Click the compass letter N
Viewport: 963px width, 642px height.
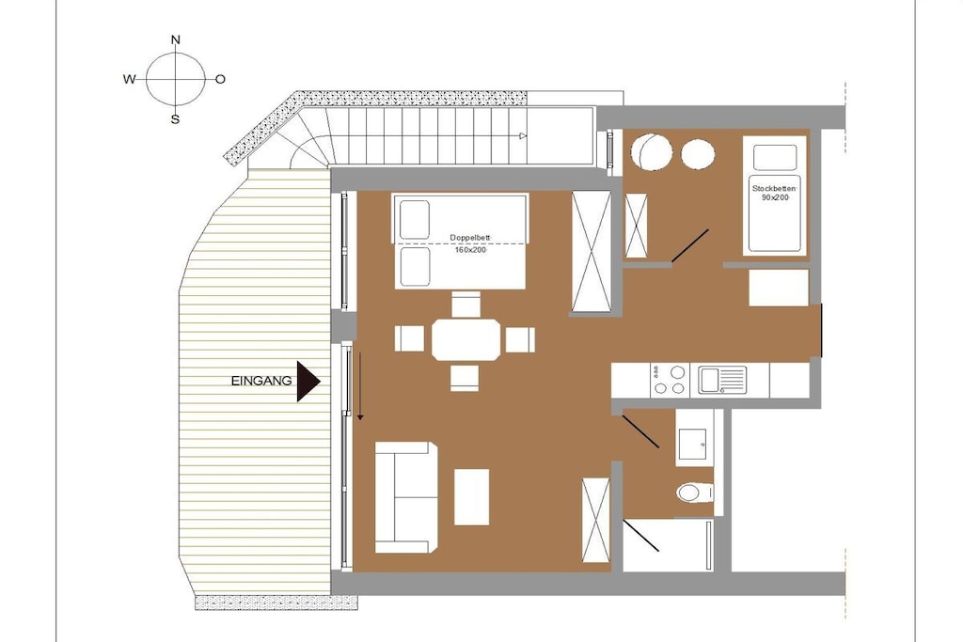(176, 39)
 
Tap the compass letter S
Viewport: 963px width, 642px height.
(175, 119)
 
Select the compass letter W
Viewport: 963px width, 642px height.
(129, 79)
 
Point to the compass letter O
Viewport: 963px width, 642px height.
(220, 79)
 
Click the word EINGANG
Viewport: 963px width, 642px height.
(261, 381)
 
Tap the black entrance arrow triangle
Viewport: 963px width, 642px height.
(308, 381)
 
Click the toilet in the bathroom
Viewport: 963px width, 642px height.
(695, 492)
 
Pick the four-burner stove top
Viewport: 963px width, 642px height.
(670, 380)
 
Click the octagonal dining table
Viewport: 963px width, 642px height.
(466, 339)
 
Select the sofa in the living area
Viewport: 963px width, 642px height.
(406, 497)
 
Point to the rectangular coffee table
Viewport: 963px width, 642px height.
(472, 497)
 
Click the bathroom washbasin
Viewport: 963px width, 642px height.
(695, 441)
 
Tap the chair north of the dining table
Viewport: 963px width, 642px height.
(466, 305)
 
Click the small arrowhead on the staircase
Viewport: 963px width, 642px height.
(523, 135)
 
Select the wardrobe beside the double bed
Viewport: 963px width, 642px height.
(592, 252)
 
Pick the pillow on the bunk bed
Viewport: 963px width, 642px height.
(775, 158)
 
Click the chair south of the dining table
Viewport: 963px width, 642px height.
(465, 378)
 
